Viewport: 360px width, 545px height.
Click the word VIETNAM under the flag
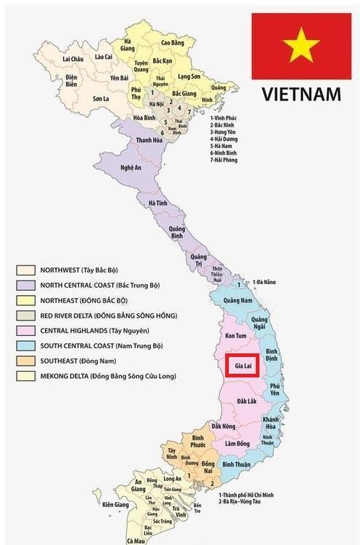point(301,94)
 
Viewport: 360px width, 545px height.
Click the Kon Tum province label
point(237,335)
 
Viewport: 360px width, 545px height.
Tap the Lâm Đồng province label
point(238,444)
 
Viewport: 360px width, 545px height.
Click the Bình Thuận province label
point(237,464)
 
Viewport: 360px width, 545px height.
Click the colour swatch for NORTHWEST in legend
point(27,270)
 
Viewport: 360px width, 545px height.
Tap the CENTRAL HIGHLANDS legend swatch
point(27,331)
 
